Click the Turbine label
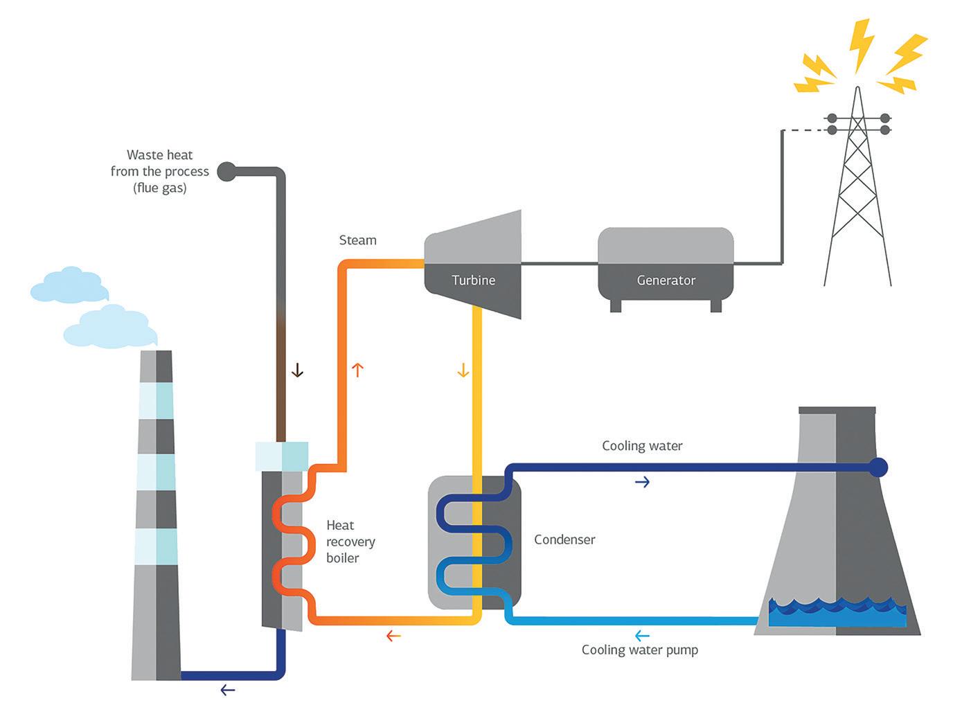[x=473, y=280]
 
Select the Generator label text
[x=666, y=280]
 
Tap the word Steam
[x=357, y=240]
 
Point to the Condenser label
[x=564, y=539]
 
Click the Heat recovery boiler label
[x=350, y=542]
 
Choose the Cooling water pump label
[x=639, y=650]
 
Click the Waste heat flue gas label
[x=159, y=171]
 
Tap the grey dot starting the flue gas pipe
[x=226, y=171]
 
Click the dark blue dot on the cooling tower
[x=878, y=467]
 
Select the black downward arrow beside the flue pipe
[x=297, y=371]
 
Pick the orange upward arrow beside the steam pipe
[x=357, y=370]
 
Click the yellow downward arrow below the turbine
[x=463, y=371]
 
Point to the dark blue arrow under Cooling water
[x=642, y=482]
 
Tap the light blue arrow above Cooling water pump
[x=642, y=636]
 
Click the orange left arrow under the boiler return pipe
[x=393, y=636]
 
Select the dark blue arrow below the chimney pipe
[x=227, y=690]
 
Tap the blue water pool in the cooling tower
[x=837, y=614]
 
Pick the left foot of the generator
[x=616, y=305]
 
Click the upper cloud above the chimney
[x=69, y=285]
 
